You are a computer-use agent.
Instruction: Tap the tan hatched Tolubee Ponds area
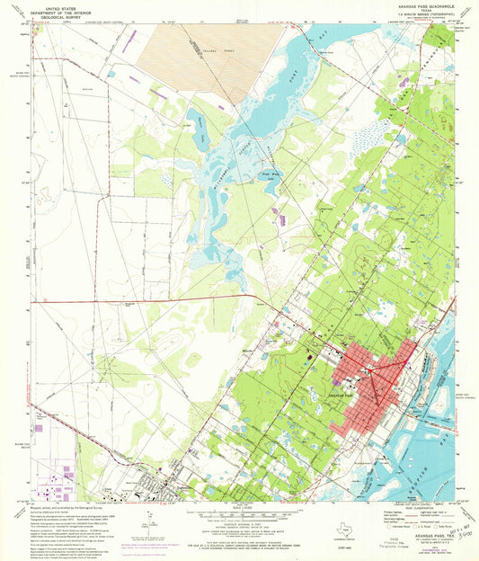(193, 45)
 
